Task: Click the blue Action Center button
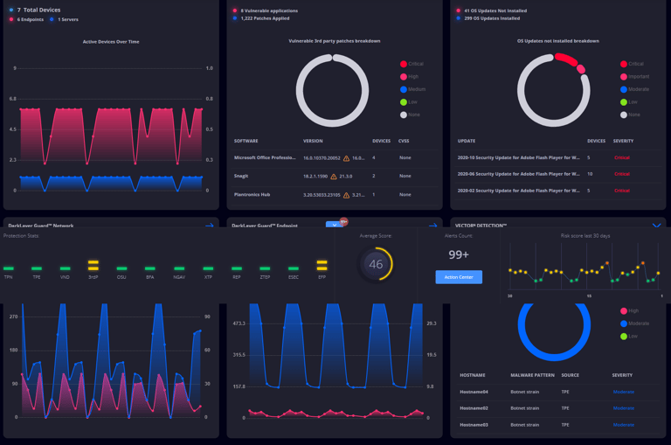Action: pyautogui.click(x=459, y=277)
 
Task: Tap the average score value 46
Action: pyautogui.click(x=376, y=264)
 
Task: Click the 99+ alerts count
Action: pyautogui.click(x=459, y=254)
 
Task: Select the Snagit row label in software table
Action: pyautogui.click(x=241, y=176)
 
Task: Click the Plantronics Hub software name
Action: pyautogui.click(x=252, y=194)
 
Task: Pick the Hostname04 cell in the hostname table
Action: pyautogui.click(x=474, y=392)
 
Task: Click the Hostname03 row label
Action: pyautogui.click(x=474, y=424)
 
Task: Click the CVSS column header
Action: pyautogui.click(x=404, y=141)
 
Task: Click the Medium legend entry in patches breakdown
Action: pyautogui.click(x=417, y=89)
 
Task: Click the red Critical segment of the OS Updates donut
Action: pyautogui.click(x=569, y=62)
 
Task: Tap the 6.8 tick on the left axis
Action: pyautogui.click(x=12, y=99)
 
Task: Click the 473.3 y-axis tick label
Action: pyautogui.click(x=239, y=323)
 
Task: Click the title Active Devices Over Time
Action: pyautogui.click(x=111, y=41)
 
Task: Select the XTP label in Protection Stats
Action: pyautogui.click(x=208, y=277)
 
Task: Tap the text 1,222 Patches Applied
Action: pyautogui.click(x=265, y=17)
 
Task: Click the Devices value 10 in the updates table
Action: pyautogui.click(x=590, y=174)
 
